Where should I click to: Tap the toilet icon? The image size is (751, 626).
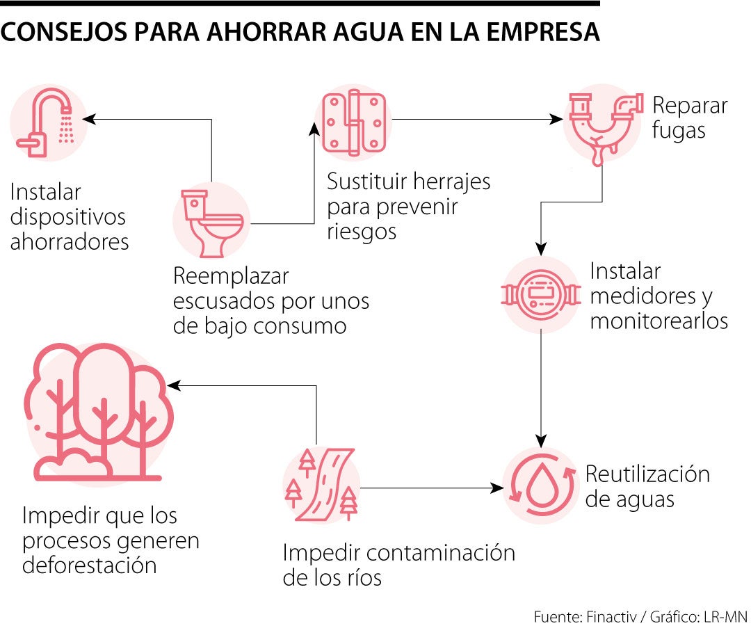tap(211, 221)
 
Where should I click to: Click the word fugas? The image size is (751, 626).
tap(679, 131)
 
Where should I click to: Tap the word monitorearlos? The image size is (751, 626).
tap(659, 321)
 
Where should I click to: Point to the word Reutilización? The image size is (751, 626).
tap(647, 474)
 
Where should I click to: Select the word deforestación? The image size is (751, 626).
tap(90, 564)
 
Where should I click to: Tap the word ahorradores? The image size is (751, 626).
tap(70, 241)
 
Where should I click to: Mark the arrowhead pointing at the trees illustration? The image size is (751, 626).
tap(172, 385)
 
